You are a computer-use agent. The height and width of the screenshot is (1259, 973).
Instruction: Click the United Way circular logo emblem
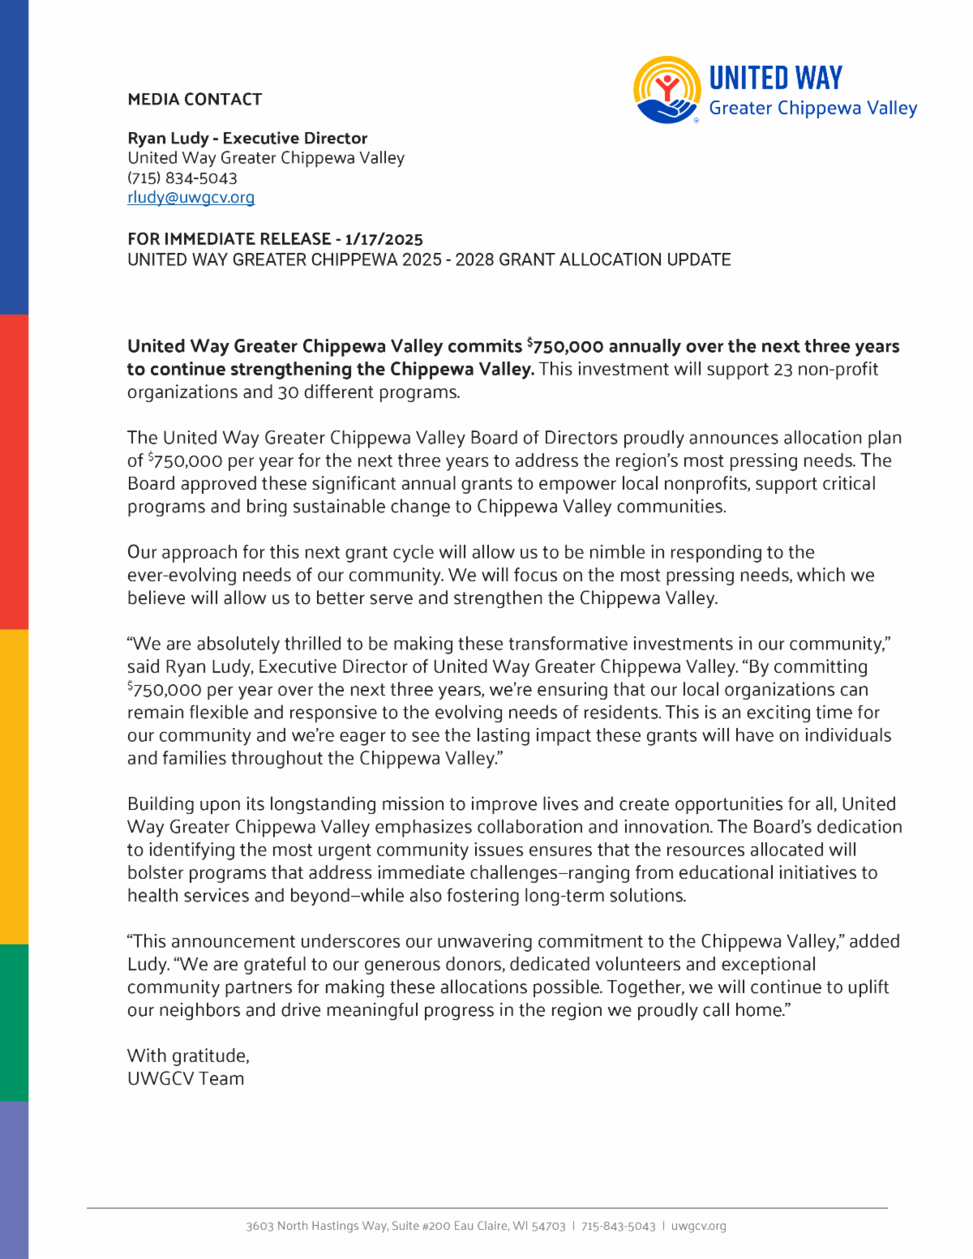pos(667,90)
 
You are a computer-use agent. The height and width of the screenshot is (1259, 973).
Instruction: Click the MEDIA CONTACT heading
pos(195,100)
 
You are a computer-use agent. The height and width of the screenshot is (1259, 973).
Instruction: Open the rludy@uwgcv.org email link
pos(191,198)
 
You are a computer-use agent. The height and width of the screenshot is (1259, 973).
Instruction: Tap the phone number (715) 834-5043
pos(182,178)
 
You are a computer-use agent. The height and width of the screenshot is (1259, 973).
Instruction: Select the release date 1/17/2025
pos(384,239)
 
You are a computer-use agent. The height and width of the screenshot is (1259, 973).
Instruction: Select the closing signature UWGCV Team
pos(186,1079)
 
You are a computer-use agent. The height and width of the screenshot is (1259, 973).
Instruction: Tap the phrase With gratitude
pos(188,1056)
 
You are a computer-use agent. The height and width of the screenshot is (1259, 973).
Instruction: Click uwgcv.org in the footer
pos(698,1227)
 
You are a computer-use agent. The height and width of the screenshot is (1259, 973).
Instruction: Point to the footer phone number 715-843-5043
pos(618,1227)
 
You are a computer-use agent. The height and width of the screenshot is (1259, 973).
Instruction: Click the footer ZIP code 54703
pos(548,1227)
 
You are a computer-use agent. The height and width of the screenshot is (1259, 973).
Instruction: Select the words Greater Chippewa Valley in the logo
pos(812,109)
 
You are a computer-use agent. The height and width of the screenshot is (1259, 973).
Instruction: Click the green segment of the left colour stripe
pos(14,1022)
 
